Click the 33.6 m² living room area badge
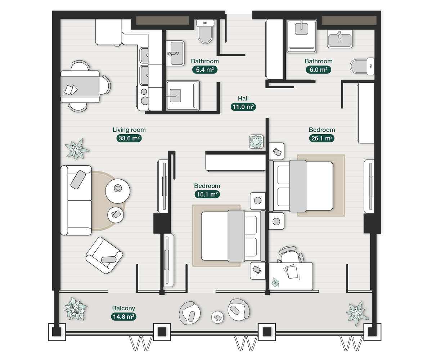(129, 138)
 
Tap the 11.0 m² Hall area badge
(243, 107)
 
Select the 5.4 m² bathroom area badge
(204, 69)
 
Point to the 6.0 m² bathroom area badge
(318, 69)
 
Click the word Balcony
(123, 308)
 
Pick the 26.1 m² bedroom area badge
(321, 138)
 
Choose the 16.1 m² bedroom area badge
(207, 194)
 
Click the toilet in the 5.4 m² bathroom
(205, 31)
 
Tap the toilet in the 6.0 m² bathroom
(362, 66)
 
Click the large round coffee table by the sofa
(117, 191)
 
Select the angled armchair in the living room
(104, 255)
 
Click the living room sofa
(76, 200)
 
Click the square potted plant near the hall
(256, 141)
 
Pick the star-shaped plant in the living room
(77, 149)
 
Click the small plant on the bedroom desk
(275, 282)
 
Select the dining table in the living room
(80, 86)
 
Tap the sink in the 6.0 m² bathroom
(340, 39)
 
